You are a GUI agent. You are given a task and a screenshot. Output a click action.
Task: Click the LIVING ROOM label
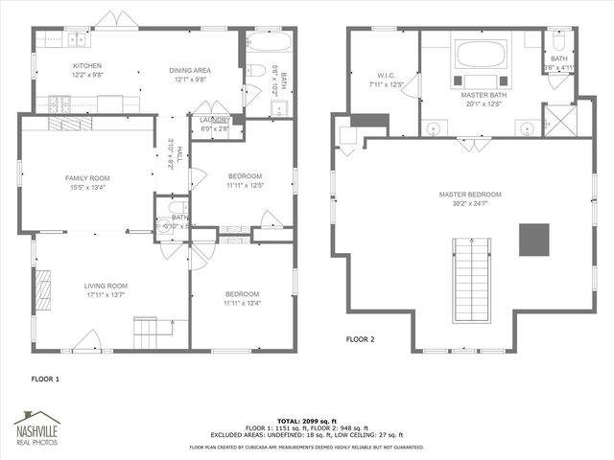pos(106,286)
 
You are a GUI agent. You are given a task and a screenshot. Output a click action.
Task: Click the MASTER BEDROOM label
pos(470,195)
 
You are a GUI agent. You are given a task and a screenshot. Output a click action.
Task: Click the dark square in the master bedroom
pos(534,240)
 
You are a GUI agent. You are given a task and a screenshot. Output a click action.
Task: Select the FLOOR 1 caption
pos(45,379)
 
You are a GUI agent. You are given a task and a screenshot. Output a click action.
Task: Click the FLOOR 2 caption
pos(360,339)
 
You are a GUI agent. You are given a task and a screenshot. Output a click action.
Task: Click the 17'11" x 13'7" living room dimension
pos(106,295)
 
